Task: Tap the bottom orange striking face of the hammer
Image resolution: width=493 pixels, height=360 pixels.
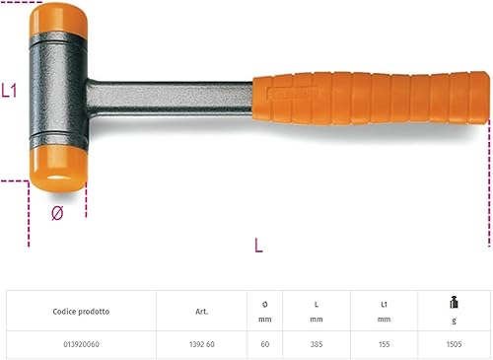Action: [x=58, y=169]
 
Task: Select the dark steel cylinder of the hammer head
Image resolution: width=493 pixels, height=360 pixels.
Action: [x=58, y=91]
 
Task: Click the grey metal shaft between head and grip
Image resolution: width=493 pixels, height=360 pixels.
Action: [x=170, y=99]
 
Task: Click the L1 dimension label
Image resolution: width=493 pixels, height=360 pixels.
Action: [x=9, y=91]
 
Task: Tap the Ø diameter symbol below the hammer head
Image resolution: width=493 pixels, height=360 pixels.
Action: [x=57, y=213]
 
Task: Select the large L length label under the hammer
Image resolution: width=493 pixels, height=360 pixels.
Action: [x=259, y=246]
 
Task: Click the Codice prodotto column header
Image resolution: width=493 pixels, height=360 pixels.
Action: [x=81, y=312]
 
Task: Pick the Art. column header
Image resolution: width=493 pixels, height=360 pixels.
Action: [x=202, y=312]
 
